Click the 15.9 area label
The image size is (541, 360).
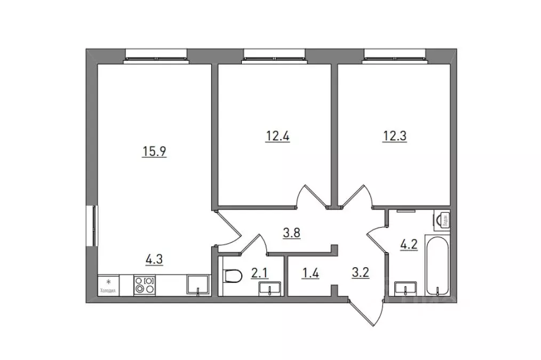point(154,151)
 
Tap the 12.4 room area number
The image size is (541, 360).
point(278,135)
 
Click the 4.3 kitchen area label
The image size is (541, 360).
point(154,260)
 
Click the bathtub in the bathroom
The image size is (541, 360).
point(438,264)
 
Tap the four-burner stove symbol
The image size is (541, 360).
point(145,284)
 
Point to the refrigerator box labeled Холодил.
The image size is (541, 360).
point(108,285)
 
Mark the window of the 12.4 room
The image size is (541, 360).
point(274,55)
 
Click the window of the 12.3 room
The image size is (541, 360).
point(395,55)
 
